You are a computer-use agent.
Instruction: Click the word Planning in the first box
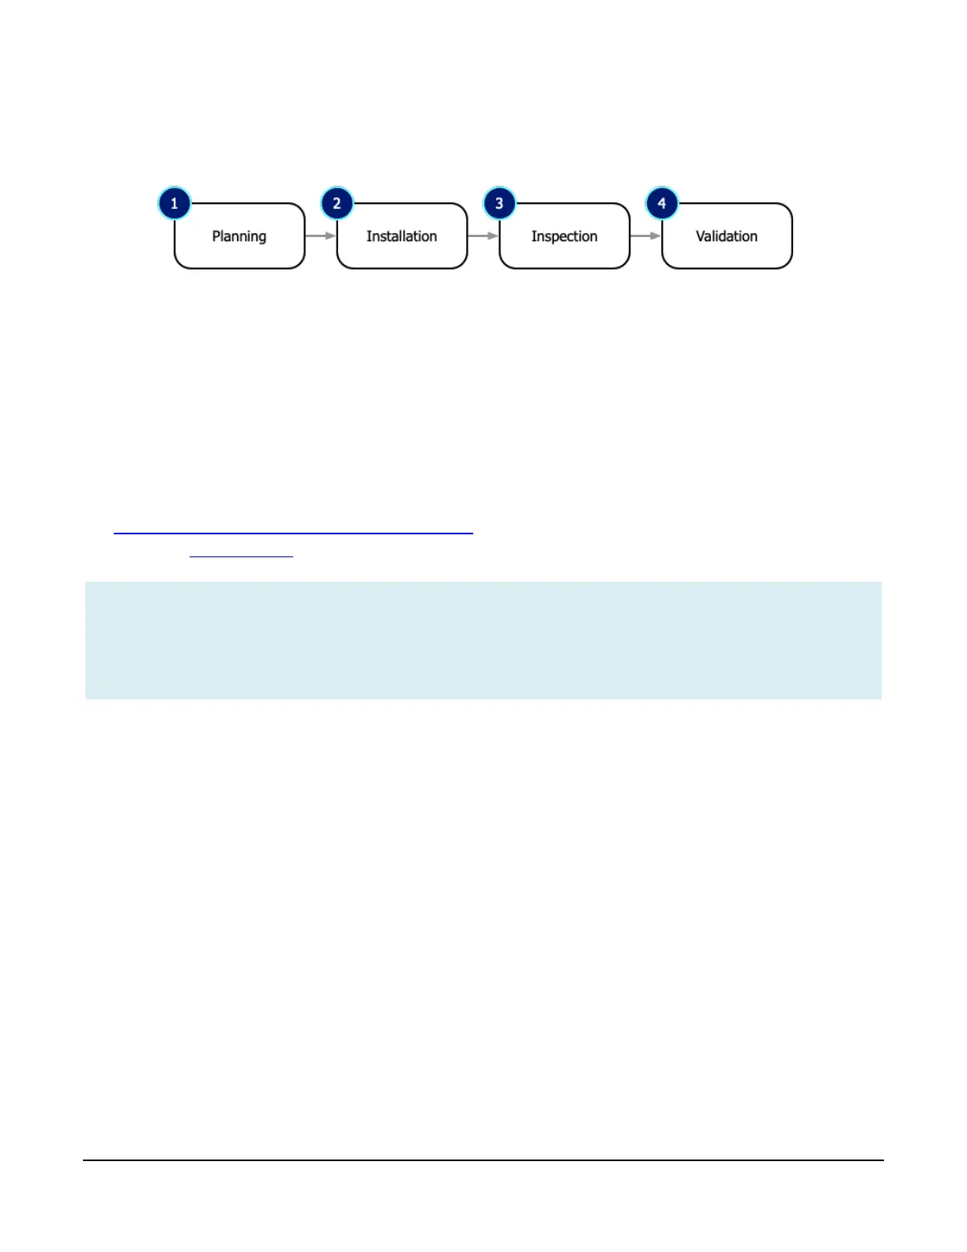coord(239,236)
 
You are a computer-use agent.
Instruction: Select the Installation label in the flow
coord(401,236)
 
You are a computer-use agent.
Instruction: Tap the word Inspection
coord(564,236)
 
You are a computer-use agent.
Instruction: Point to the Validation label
coord(726,236)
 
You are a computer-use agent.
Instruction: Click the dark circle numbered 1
coord(175,203)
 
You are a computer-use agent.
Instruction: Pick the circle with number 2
coord(337,203)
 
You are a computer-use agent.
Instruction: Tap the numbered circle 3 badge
coord(499,203)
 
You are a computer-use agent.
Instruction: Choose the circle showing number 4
coord(662,203)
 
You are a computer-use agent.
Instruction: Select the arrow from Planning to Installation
coord(321,236)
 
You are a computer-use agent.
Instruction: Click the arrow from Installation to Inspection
coord(483,236)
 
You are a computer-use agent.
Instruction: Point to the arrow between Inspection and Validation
coord(645,236)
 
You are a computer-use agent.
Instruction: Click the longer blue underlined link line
coord(293,534)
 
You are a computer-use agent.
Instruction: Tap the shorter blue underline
coord(241,556)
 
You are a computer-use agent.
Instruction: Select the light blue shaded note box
coord(483,640)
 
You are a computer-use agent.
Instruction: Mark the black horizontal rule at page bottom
coord(483,1160)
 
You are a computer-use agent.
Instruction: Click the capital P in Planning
coord(216,236)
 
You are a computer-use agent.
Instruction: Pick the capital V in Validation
coord(700,236)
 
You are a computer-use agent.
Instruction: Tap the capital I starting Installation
coord(368,236)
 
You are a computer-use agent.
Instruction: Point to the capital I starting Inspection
coord(533,236)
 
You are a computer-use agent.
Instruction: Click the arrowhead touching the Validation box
coord(656,236)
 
